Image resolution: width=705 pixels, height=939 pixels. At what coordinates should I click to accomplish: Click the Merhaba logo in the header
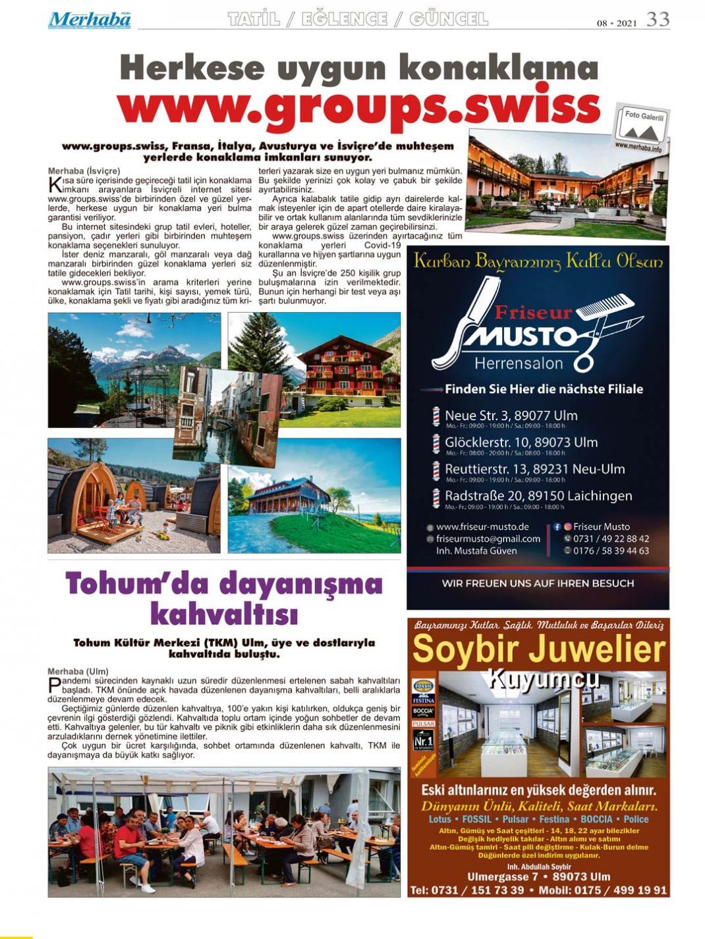89,20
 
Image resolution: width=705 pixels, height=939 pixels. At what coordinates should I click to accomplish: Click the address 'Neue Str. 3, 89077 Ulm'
511,416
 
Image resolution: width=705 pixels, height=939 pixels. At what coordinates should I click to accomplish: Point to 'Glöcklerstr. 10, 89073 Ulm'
521,443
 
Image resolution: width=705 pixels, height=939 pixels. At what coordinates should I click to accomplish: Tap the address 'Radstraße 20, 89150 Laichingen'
538,496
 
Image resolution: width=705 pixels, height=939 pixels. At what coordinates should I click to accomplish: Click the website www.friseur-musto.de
482,527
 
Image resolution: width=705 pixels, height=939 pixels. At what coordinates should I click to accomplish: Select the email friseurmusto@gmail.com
488,539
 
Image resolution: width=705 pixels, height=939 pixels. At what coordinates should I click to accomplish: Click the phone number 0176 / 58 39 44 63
611,550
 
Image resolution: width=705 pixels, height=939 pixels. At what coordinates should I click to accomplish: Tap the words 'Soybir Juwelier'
538,651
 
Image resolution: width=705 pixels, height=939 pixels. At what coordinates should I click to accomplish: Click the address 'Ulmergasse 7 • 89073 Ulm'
538,877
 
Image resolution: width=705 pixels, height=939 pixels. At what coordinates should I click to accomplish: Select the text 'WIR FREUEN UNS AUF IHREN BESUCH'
538,583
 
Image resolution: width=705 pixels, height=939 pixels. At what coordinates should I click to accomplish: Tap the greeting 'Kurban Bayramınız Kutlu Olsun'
538,261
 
